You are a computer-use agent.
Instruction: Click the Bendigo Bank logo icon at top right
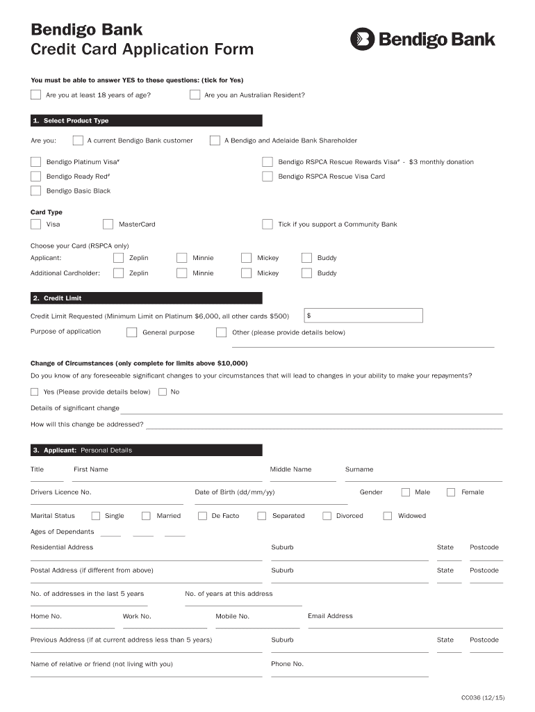(362, 40)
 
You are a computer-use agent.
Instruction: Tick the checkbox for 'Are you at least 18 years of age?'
(35, 95)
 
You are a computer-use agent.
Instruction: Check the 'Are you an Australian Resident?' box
(195, 95)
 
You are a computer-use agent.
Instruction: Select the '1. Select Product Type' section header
(146, 120)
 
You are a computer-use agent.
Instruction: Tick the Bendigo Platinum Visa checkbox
(35, 162)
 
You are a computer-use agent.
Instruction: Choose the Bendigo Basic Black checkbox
(35, 191)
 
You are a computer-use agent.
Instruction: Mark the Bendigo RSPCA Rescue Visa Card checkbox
(267, 177)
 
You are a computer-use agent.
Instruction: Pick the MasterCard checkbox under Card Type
(108, 224)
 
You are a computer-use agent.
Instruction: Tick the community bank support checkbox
(267, 224)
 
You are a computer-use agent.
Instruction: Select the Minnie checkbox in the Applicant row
(181, 258)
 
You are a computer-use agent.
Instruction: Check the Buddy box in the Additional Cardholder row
(306, 273)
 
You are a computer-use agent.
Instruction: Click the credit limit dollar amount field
(363, 316)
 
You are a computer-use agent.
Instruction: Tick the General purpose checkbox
(131, 332)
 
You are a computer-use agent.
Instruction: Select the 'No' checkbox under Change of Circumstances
(163, 391)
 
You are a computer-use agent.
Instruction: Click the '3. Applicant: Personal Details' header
(146, 450)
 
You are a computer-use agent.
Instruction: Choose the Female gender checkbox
(451, 492)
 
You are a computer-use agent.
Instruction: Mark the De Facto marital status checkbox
(202, 516)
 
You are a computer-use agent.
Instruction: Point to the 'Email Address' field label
(330, 616)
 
